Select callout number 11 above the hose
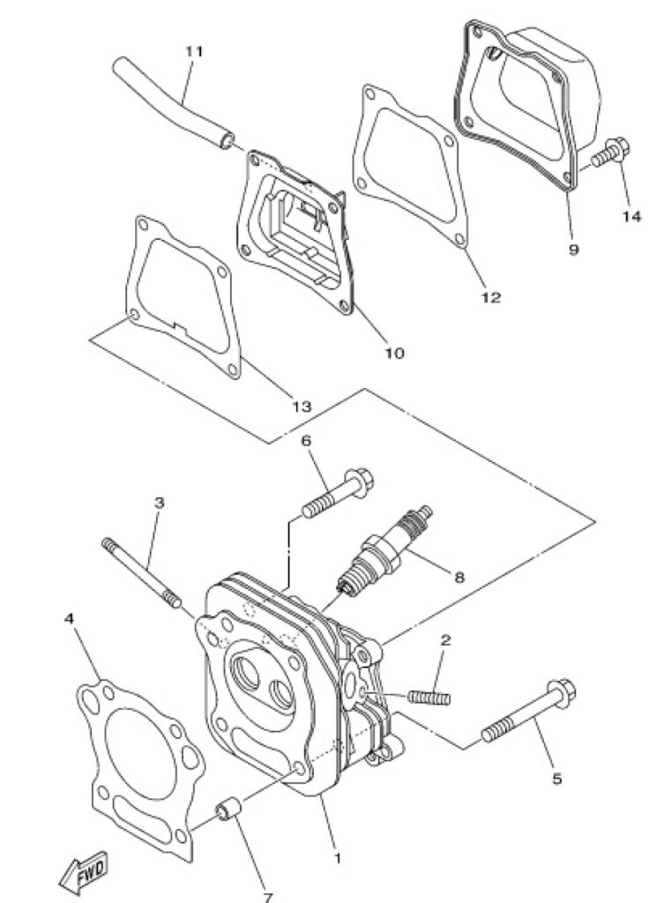click(x=194, y=50)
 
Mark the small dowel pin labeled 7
click(x=228, y=809)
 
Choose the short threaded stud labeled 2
click(x=429, y=697)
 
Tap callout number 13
click(x=302, y=407)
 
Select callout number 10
click(x=394, y=353)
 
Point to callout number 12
click(x=491, y=297)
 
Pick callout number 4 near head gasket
click(x=69, y=618)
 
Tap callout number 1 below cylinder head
click(x=338, y=857)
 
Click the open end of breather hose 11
click(x=228, y=140)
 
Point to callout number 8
click(x=459, y=577)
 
